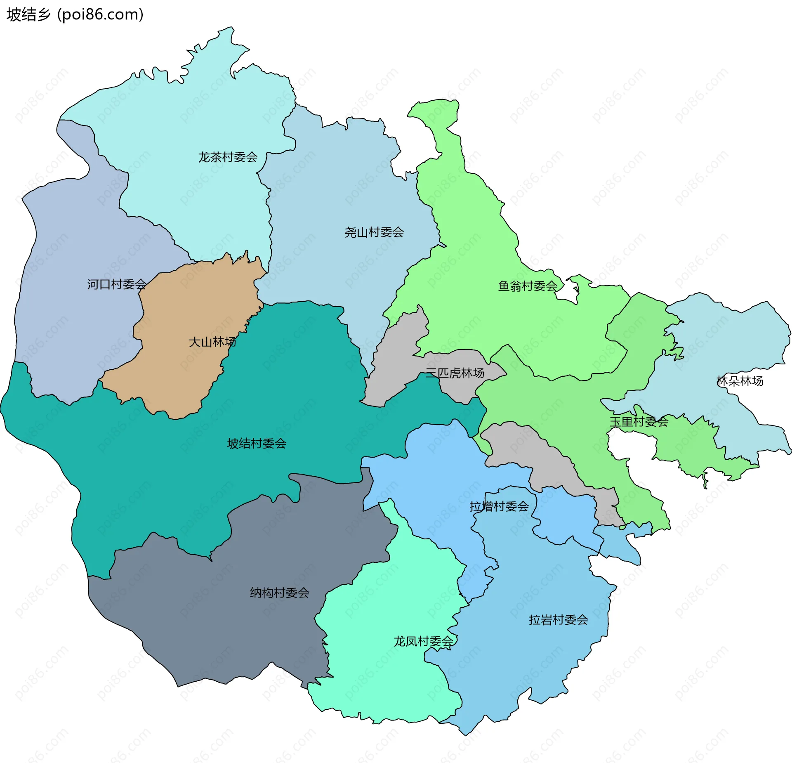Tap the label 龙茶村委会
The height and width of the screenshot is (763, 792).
(x=228, y=157)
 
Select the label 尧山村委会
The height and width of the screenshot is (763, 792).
(x=374, y=232)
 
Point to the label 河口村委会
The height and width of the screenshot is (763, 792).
(x=117, y=284)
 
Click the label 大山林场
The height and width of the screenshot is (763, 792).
(x=212, y=342)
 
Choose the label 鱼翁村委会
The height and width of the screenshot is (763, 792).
(x=527, y=286)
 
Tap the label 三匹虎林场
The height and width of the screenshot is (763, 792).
(x=455, y=373)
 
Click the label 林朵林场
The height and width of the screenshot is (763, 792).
(x=740, y=381)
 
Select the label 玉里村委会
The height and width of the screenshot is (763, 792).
(x=639, y=422)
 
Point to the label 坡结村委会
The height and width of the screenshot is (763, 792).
(x=256, y=444)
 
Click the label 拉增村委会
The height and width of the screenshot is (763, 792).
(x=499, y=506)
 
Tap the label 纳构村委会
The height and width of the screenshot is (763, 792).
(x=279, y=593)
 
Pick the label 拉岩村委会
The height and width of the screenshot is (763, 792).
(x=558, y=620)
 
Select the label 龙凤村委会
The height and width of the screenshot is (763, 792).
(x=423, y=641)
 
